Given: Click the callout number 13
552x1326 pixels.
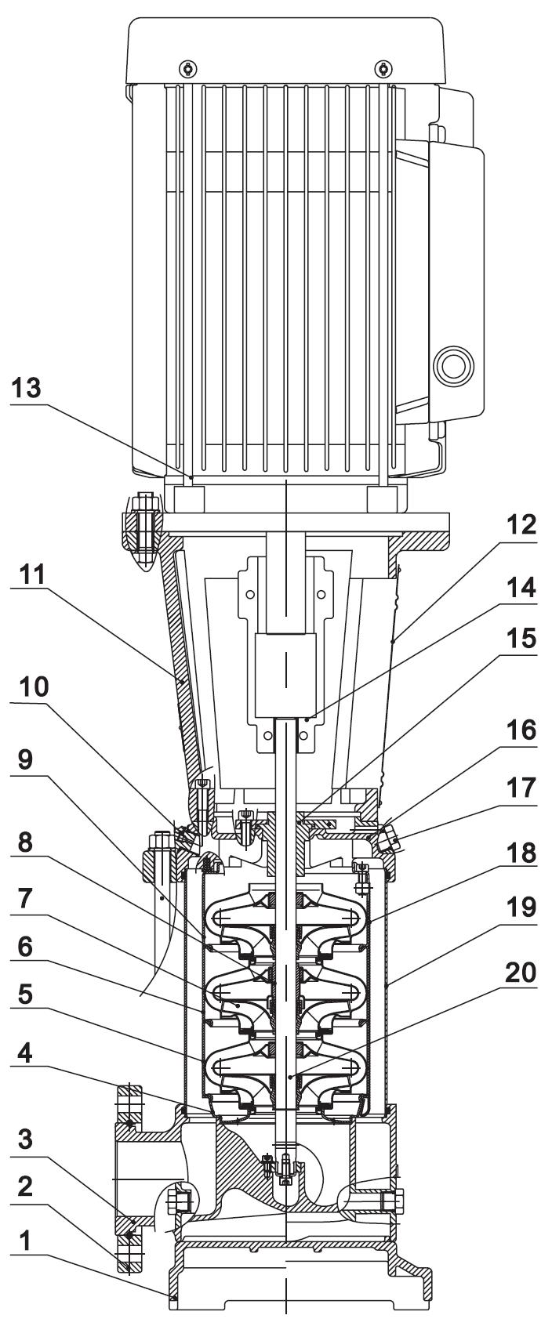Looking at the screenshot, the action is click(27, 388).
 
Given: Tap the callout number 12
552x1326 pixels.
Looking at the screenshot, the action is click(521, 524).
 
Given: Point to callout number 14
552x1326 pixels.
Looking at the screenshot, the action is click(521, 587).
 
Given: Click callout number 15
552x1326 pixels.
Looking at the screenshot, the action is click(521, 638).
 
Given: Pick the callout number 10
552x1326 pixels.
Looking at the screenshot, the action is click(34, 687).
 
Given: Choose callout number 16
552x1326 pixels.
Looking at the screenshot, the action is click(521, 730).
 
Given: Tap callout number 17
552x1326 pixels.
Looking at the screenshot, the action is click(521, 788).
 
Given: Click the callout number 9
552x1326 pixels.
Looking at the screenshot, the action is click(25, 759).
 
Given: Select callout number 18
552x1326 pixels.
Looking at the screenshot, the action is click(521, 853).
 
